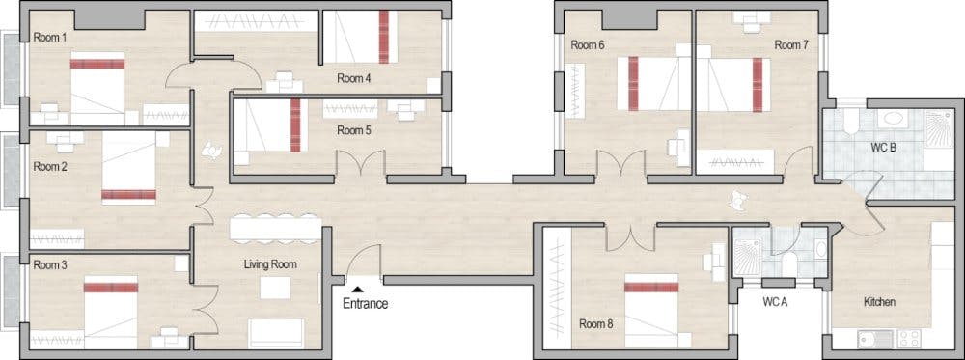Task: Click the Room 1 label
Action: pos(50,38)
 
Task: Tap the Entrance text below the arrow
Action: pos(365,304)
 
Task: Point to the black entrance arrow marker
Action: pos(357,287)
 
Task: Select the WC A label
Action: pos(776,302)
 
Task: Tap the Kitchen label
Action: pos(879,302)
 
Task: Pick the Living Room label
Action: pos(270,263)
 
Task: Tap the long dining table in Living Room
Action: pos(275,228)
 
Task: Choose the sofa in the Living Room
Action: pos(276,333)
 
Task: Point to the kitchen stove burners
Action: pos(910,338)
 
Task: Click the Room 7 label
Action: pos(790,45)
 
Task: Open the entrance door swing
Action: pos(365,263)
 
